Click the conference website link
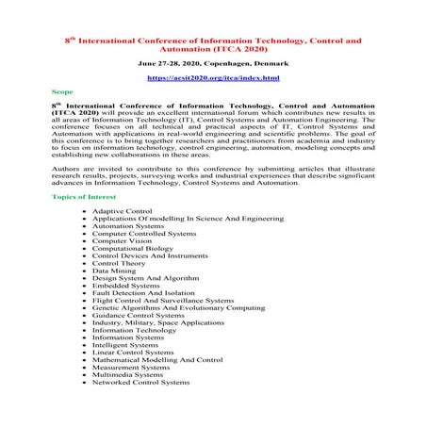pos(213,77)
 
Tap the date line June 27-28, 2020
pos(213,62)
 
